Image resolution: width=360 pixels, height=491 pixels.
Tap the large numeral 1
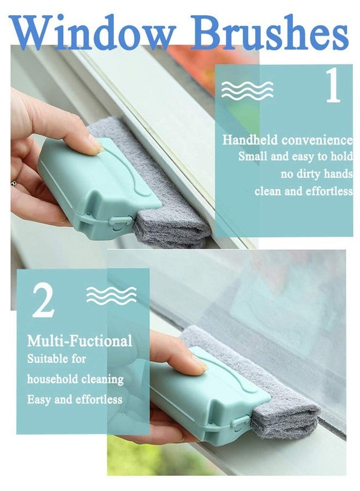click(333, 86)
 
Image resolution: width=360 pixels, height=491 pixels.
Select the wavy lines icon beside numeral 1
click(247, 90)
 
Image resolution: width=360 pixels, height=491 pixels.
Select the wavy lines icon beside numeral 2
click(111, 295)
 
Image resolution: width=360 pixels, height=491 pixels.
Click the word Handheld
click(250, 140)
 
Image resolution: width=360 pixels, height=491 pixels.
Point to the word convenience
click(317, 140)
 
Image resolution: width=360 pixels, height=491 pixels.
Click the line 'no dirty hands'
click(316, 173)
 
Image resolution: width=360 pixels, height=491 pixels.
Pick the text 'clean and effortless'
click(304, 191)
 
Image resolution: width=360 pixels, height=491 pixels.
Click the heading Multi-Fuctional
click(80, 340)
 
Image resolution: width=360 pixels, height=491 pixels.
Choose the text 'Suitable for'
click(56, 358)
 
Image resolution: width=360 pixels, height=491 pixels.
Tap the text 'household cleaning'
click(75, 379)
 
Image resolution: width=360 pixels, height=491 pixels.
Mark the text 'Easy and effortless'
click(75, 399)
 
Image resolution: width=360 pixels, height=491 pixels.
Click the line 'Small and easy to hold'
click(296, 156)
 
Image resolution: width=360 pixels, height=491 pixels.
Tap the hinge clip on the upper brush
click(118, 222)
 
